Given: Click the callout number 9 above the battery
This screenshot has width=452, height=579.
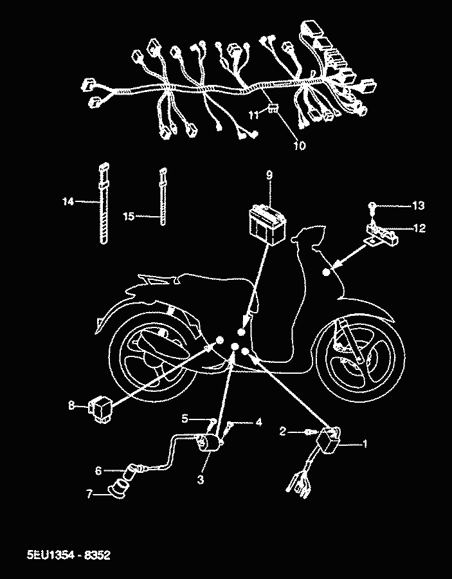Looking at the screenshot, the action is (269, 175).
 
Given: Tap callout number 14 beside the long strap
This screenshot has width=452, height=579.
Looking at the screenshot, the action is (68, 202).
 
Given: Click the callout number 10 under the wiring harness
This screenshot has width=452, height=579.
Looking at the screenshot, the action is (299, 145).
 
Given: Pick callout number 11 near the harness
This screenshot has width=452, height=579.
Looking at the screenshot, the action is (255, 114).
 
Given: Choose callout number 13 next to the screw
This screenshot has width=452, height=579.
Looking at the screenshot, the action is (418, 205).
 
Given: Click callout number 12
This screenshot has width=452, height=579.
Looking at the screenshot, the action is (418, 227).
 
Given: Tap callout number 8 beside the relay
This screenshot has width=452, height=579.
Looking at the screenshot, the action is (71, 405).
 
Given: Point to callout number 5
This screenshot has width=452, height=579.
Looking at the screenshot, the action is (185, 418).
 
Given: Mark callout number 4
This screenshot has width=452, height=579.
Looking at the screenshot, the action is (258, 423).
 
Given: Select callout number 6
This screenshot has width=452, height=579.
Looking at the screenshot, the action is (98, 470).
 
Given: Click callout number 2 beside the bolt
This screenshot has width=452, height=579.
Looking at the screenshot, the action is (282, 431).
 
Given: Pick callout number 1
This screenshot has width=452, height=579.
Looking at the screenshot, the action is (365, 443).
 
